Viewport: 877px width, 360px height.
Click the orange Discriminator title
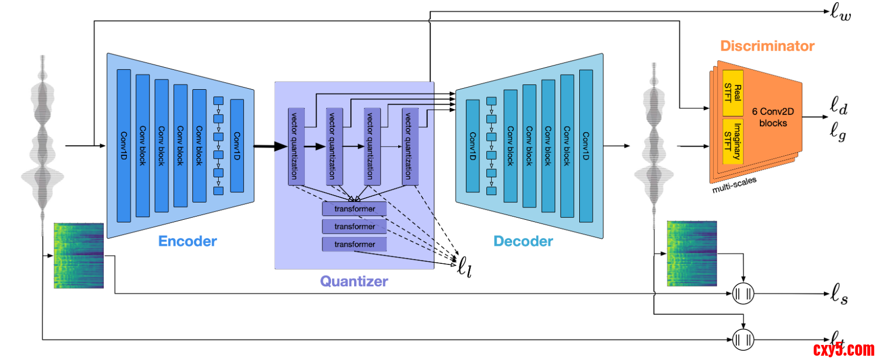(x=767, y=46)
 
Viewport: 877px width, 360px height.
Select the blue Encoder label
(x=188, y=241)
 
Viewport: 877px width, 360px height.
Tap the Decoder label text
(x=523, y=241)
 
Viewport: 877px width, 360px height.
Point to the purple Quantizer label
(x=354, y=281)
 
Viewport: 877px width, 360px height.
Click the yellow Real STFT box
(x=733, y=93)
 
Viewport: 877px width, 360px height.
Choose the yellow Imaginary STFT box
(x=733, y=141)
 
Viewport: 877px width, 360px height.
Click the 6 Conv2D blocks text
(x=773, y=117)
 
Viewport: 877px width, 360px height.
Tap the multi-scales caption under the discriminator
(x=734, y=184)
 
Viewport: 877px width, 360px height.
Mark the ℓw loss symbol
(x=840, y=12)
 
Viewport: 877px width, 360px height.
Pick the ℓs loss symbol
(x=839, y=294)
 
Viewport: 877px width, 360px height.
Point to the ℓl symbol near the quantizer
(x=464, y=267)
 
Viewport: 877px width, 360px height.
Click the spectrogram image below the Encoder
(x=78, y=255)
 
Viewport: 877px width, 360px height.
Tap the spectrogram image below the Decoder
(x=692, y=253)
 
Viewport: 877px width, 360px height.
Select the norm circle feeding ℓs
(x=743, y=293)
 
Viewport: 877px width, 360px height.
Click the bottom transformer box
(x=354, y=244)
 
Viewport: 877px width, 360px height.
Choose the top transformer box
(x=354, y=208)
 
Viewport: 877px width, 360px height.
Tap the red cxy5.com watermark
(x=844, y=350)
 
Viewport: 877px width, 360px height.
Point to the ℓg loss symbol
(x=838, y=131)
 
